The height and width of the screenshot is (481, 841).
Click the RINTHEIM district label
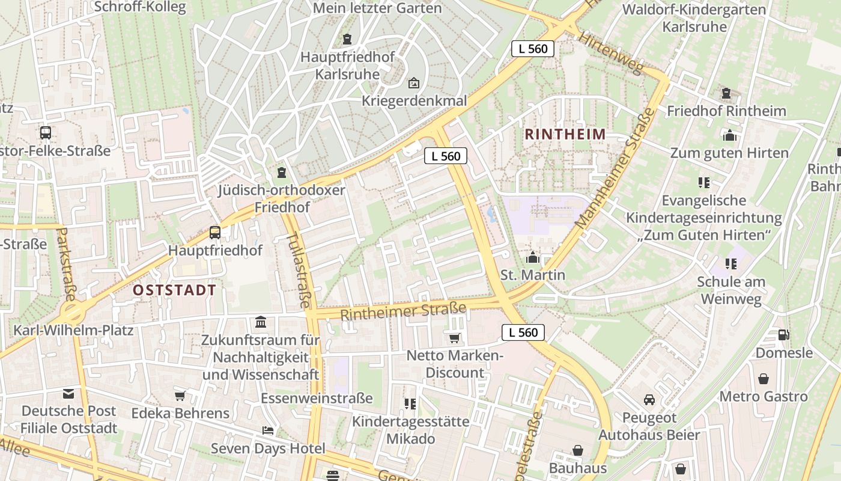pos(565,134)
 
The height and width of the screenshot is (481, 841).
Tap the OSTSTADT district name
pos(174,290)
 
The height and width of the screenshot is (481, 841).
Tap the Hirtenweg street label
pos(610,53)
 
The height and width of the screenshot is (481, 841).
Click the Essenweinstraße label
pos(317,398)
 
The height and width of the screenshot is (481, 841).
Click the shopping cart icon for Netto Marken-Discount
pos(455,339)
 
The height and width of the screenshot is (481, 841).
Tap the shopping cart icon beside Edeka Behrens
pos(180,396)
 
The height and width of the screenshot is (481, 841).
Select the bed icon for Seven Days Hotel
pos(268,430)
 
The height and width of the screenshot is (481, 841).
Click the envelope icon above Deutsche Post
pos(68,394)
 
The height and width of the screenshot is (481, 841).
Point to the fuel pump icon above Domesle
pos(783,335)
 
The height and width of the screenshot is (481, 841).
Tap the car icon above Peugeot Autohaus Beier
pos(649,400)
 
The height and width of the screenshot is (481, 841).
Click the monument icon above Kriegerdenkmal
pos(414,83)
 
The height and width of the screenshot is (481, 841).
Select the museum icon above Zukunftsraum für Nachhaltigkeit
pos(261,322)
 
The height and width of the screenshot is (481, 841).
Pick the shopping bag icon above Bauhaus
pos(578,450)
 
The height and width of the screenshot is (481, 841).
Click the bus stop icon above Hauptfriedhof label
pos(214,232)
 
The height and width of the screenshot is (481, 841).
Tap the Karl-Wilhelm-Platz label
pos(73,330)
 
